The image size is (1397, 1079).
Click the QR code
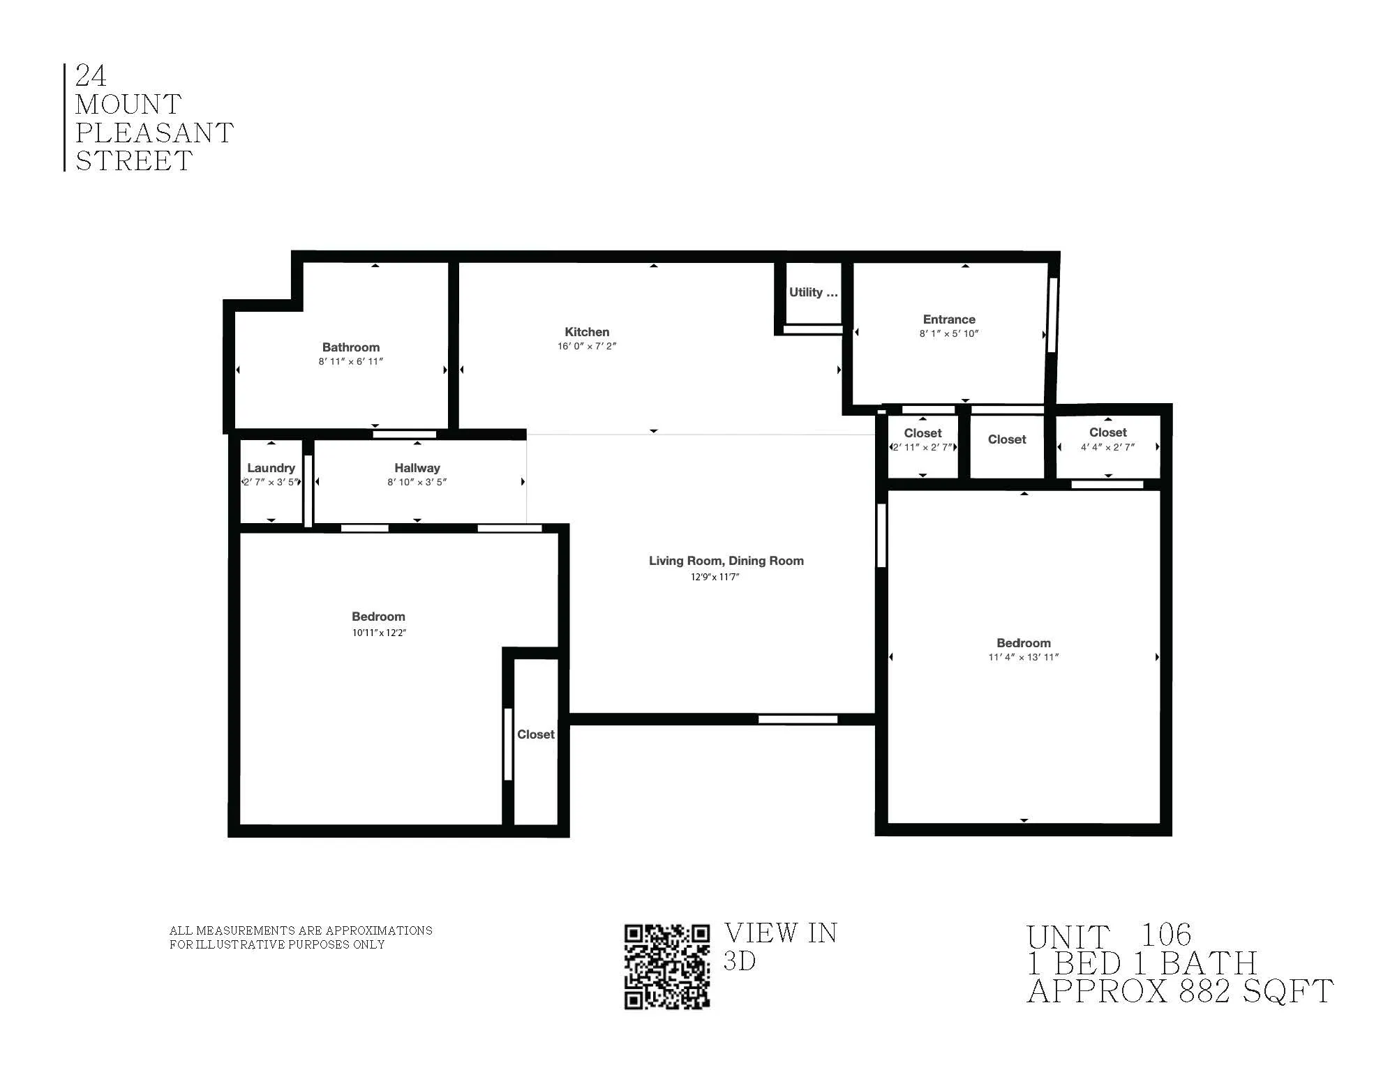click(666, 966)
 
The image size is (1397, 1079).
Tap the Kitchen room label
click(587, 332)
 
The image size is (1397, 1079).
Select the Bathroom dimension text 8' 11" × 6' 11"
click(350, 361)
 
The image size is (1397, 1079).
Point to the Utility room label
click(813, 292)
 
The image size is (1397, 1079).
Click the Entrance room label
click(949, 319)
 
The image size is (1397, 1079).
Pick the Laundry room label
click(271, 468)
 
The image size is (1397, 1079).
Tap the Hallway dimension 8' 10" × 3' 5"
click(417, 482)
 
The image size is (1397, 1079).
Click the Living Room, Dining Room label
click(726, 561)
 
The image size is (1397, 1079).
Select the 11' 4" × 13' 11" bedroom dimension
click(1023, 657)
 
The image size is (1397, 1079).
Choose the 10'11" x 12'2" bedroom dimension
click(378, 633)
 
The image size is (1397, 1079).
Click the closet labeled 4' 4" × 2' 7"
click(1107, 432)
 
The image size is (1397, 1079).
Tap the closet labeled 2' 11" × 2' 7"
click(922, 433)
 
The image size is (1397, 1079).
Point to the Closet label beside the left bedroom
click(535, 734)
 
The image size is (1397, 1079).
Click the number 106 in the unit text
click(1165, 935)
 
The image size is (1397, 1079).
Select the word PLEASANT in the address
click(154, 133)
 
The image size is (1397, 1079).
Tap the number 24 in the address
click(91, 75)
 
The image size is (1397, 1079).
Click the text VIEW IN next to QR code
click(780, 933)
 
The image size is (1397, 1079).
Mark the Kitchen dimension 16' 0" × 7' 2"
click(587, 347)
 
